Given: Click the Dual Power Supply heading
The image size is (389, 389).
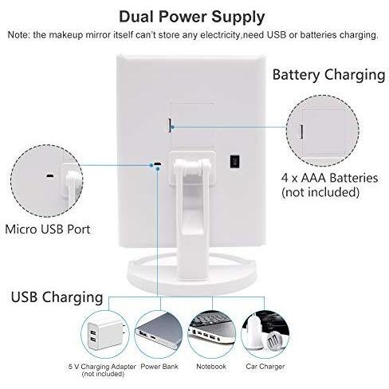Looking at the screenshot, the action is (x=191, y=17).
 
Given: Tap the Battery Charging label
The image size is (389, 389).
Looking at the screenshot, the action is (x=328, y=75).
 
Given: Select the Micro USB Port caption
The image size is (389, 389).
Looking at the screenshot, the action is (x=48, y=230).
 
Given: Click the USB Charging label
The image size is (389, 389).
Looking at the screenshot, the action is (x=57, y=297).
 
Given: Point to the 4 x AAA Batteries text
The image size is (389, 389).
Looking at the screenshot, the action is (x=329, y=178).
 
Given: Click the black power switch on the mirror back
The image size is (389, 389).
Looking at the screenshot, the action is (x=234, y=162).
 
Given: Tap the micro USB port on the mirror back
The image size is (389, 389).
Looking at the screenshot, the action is (x=158, y=164).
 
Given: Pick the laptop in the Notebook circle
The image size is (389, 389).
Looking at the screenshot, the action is (x=212, y=331).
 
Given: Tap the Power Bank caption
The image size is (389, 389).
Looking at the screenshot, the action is (x=159, y=367).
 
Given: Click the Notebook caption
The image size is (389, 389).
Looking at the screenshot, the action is (x=211, y=367).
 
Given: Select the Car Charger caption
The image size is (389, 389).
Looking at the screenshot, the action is (x=265, y=367).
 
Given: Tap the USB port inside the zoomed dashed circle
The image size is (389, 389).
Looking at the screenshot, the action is (x=49, y=175).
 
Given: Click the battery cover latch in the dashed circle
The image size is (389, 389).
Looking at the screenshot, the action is (x=301, y=132).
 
